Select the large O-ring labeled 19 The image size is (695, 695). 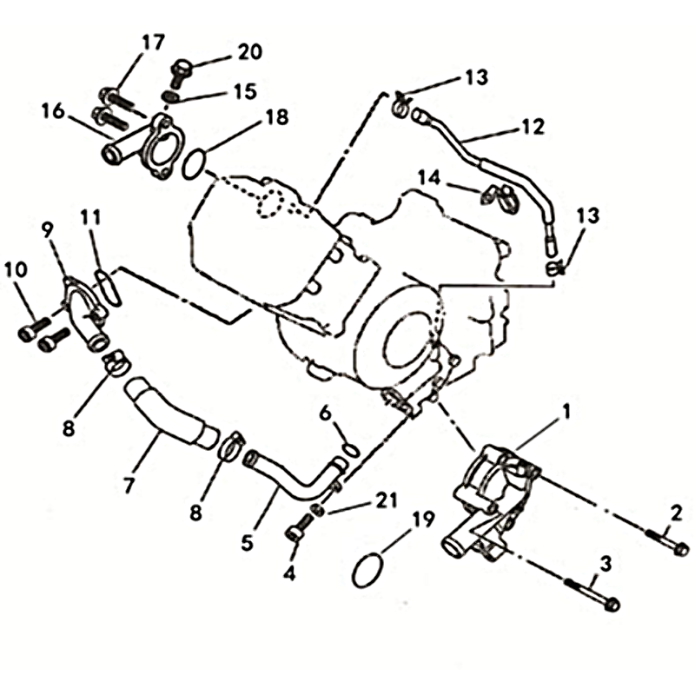(x=367, y=571)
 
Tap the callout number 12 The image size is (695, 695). (x=533, y=126)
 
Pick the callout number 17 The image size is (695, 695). (x=154, y=41)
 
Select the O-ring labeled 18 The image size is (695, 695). (x=196, y=162)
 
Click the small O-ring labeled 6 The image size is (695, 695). (x=349, y=448)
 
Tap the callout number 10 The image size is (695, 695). (x=16, y=269)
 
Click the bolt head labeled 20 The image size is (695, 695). (x=182, y=66)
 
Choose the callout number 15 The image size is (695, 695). (x=243, y=90)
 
